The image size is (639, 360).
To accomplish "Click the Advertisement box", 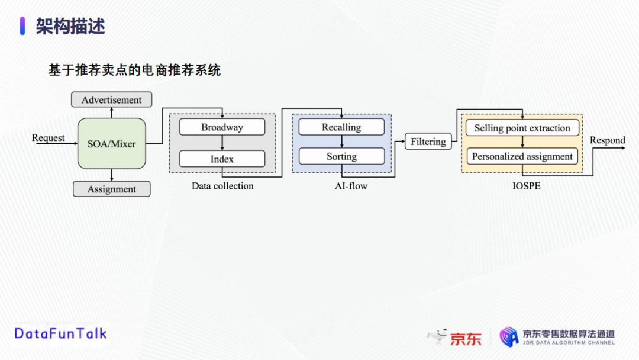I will [x=111, y=100].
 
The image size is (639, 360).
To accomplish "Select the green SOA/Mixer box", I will [x=112, y=143].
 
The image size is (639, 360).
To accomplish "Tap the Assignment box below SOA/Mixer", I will [x=111, y=189].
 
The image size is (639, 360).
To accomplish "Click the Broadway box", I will [x=222, y=127].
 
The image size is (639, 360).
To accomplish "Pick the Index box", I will [x=222, y=159].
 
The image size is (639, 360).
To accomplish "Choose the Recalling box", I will [x=341, y=127].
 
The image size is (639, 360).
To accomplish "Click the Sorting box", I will [x=341, y=156].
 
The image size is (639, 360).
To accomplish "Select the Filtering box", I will [x=428, y=142].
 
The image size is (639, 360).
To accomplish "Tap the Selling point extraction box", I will [x=522, y=128].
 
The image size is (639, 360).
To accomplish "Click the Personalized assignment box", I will [x=522, y=156].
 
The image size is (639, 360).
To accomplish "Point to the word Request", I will [x=48, y=138].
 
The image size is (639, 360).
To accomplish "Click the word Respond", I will [x=607, y=140].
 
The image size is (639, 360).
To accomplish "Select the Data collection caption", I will [x=222, y=186].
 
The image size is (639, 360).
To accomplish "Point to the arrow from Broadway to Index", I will [x=222, y=143].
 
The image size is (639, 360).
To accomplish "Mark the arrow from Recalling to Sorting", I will [x=341, y=142].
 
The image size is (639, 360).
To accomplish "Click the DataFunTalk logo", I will [x=60, y=333].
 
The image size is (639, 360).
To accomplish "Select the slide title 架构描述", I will [x=70, y=26].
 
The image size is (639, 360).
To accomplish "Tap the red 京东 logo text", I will [x=466, y=338].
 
